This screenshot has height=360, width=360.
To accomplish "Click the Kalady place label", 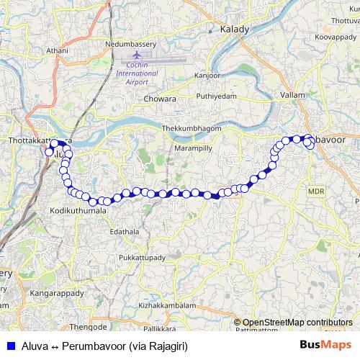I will pos(234,30).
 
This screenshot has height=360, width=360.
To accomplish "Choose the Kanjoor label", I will pos(208,76).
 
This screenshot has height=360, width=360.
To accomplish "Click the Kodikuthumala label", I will pos(78,211).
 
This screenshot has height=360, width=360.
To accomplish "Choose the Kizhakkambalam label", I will pos(166,305).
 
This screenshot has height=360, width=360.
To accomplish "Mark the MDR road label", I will pos(316,191).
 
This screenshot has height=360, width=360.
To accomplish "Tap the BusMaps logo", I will pos(325,346).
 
